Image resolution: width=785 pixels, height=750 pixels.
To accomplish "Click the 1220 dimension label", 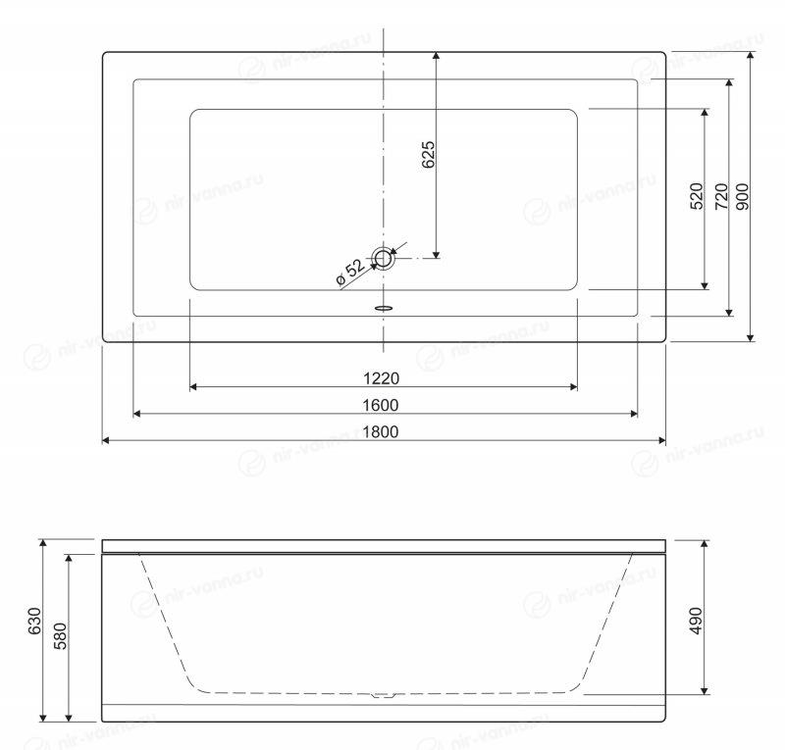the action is [381, 378].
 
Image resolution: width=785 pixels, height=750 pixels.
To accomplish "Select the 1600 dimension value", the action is [381, 405].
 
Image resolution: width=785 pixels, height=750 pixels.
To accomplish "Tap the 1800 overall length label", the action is [381, 431].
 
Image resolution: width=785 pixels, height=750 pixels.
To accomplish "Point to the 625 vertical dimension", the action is [429, 155].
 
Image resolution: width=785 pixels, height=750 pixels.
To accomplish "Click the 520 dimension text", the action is [697, 196].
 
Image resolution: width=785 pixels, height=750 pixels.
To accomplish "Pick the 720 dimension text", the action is [721, 196].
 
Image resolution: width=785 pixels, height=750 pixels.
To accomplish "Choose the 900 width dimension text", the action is [744, 196].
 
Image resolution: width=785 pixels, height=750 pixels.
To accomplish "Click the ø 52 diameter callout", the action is [350, 273].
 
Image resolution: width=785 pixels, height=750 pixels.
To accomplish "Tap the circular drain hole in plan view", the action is [384, 259].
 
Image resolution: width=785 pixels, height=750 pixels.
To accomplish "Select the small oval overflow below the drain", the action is [384, 308].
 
